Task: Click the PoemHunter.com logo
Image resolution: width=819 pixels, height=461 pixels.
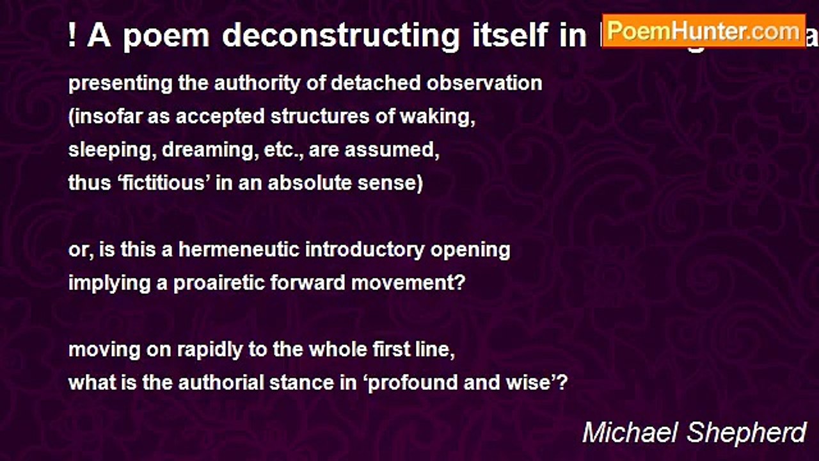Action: (703, 30)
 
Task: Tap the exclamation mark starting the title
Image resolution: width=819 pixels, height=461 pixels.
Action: (72, 36)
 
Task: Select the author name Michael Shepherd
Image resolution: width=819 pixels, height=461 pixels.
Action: (694, 433)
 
